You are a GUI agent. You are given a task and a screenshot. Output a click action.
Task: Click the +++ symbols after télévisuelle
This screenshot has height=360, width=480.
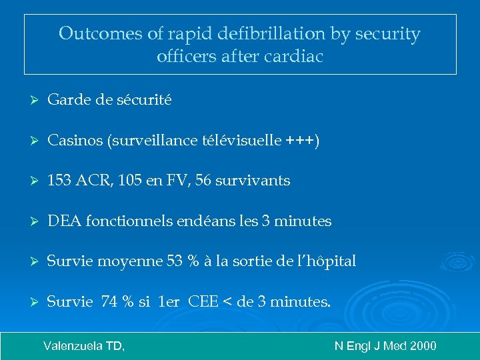click(301, 141)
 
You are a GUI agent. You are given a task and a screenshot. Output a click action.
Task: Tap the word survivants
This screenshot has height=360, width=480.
click(257, 181)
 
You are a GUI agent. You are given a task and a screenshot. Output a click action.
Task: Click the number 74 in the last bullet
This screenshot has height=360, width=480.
click(109, 302)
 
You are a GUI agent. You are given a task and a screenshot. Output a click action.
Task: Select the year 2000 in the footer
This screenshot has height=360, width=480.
click(423, 345)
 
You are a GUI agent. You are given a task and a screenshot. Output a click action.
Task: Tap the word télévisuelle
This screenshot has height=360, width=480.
click(243, 141)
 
